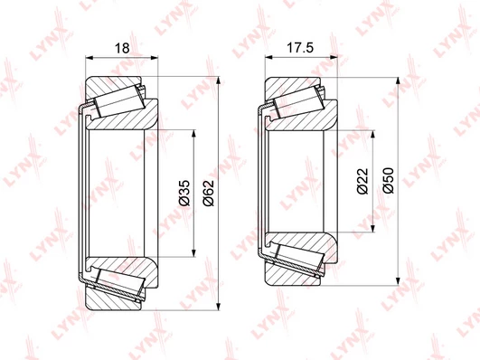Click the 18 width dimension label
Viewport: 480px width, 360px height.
click(x=122, y=48)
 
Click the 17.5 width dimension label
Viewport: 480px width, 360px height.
click(x=300, y=48)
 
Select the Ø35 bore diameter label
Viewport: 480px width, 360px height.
click(x=184, y=193)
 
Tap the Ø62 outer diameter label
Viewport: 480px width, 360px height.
click(x=209, y=193)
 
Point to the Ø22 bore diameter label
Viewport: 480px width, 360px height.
click(x=362, y=181)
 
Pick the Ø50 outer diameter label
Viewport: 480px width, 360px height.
click(x=388, y=181)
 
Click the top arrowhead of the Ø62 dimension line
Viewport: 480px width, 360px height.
click(x=218, y=81)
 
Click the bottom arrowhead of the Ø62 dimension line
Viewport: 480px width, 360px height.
click(x=218, y=306)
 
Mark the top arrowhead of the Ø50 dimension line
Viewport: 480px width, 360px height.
click(x=398, y=81)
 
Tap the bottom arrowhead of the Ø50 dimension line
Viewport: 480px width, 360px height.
click(x=398, y=281)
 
